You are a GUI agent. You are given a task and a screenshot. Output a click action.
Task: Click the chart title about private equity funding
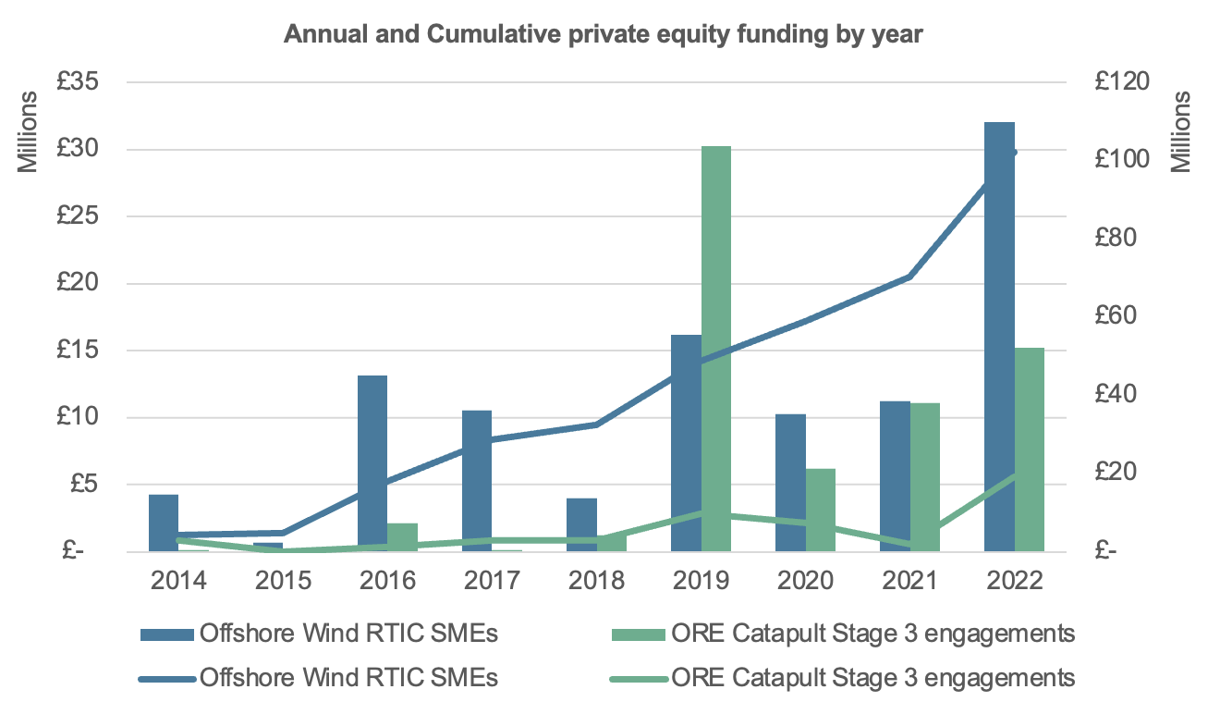coord(603,34)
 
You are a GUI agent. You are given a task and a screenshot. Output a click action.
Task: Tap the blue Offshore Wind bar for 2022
coord(1000,337)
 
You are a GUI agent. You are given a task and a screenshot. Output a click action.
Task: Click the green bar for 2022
coord(1030,449)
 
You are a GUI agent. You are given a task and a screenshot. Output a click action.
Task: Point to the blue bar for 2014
coord(164,523)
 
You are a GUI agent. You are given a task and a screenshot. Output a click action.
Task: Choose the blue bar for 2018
coord(581,524)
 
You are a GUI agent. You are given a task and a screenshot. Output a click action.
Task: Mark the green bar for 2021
coord(925,477)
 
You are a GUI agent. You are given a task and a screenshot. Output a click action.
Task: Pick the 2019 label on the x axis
coord(701,581)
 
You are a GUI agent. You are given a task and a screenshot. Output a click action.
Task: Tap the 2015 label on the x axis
coord(283,581)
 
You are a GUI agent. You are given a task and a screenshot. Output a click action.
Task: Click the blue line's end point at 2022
coord(1014,153)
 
